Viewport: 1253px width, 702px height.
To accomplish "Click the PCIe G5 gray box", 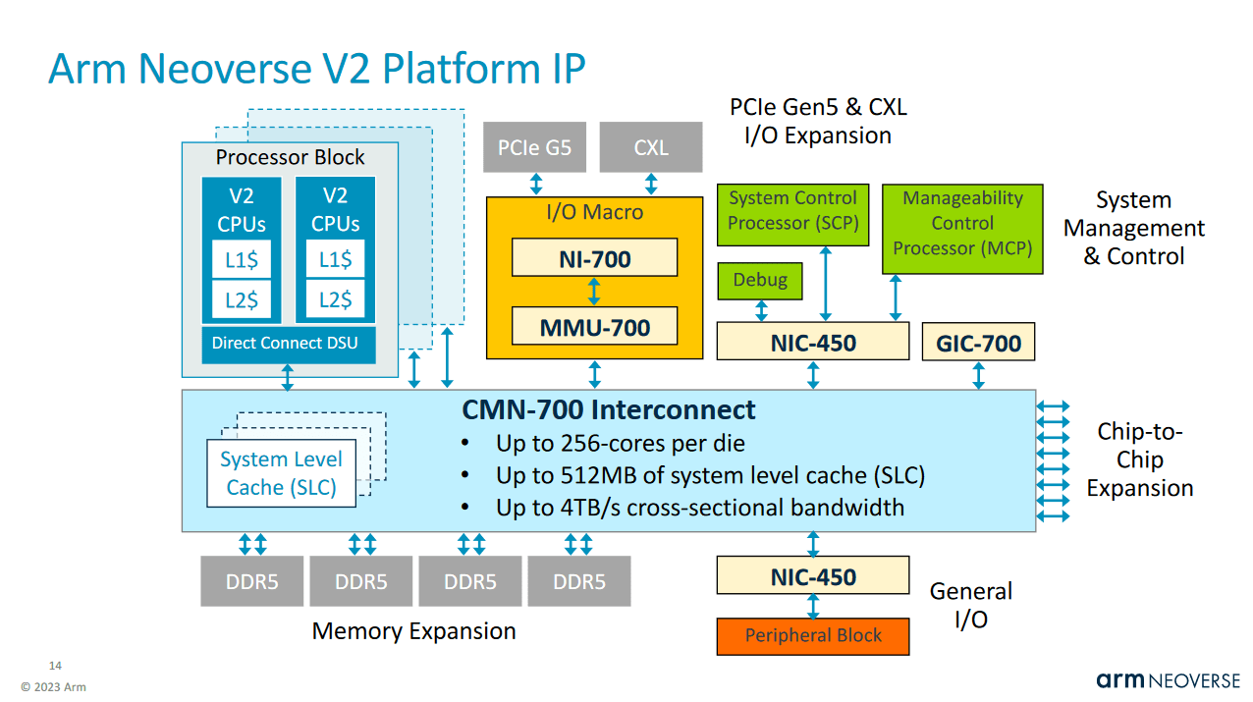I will pyautogui.click(x=534, y=147).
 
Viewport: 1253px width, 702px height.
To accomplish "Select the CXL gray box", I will pyautogui.click(x=650, y=147).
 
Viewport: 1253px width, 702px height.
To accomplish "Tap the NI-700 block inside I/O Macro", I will pyautogui.click(x=594, y=259).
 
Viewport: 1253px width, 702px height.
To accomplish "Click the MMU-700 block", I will pyautogui.click(x=594, y=327).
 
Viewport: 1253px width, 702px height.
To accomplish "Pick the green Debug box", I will pyautogui.click(x=760, y=281).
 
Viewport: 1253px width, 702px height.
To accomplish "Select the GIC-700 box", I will pyautogui.click(x=978, y=343).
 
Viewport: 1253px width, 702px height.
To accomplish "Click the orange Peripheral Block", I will pyautogui.click(x=812, y=635).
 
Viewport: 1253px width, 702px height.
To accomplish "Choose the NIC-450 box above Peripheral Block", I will pyautogui.click(x=812, y=576).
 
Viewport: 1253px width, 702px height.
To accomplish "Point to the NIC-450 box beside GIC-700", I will pyautogui.click(x=812, y=343).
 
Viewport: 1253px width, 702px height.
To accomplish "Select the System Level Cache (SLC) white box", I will pyautogui.click(x=281, y=473).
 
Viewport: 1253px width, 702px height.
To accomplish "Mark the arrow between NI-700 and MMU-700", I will pyautogui.click(x=594, y=292).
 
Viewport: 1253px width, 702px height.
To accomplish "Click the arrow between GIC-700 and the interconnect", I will pyautogui.click(x=978, y=375).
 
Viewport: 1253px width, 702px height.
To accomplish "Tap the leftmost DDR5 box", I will pyautogui.click(x=252, y=581).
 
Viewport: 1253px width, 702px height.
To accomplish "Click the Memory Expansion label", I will pyautogui.click(x=413, y=631).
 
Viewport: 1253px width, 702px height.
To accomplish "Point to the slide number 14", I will pyautogui.click(x=55, y=666).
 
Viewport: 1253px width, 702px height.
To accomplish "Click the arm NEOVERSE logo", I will pyautogui.click(x=1168, y=680).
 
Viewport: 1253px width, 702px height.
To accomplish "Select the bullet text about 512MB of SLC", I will pyautogui.click(x=710, y=476).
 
